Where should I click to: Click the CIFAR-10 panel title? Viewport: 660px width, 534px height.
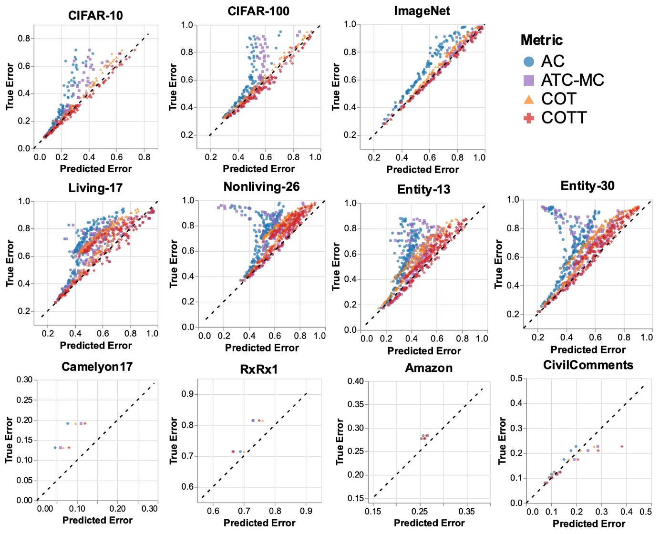click(x=95, y=16)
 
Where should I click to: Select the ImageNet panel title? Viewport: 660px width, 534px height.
click(x=422, y=11)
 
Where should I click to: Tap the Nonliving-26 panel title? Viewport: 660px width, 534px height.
click(x=261, y=186)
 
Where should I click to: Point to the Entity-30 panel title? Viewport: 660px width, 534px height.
click(x=588, y=185)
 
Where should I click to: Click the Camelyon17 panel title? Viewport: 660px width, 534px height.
click(x=97, y=367)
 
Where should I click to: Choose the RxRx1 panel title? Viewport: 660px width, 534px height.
click(x=259, y=370)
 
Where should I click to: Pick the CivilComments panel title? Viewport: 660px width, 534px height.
click(x=588, y=365)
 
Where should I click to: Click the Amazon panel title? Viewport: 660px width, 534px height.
click(x=429, y=368)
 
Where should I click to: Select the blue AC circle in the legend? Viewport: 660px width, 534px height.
click(x=528, y=62)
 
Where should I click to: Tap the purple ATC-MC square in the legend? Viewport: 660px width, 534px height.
click(x=528, y=80)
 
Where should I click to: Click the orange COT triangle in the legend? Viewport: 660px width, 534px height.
click(x=528, y=99)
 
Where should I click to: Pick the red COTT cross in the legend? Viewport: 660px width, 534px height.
click(x=528, y=118)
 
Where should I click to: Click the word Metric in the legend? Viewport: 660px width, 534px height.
click(x=541, y=40)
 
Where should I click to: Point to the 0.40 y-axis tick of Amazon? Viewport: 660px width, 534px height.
click(x=356, y=381)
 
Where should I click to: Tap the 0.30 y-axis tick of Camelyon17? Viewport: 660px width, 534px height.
click(x=25, y=380)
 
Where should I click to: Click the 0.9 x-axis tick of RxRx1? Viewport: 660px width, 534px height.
click(x=306, y=511)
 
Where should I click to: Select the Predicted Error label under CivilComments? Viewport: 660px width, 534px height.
click(x=588, y=524)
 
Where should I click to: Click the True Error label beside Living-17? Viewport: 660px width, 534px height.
click(x=10, y=263)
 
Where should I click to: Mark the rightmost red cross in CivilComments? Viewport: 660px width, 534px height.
click(x=622, y=447)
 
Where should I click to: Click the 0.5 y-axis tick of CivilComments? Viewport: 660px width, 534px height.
click(x=516, y=379)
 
